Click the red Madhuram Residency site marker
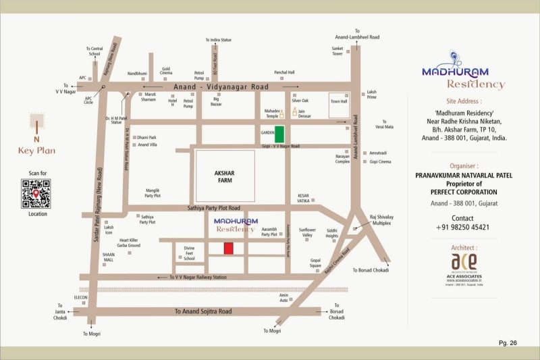pos(228,248)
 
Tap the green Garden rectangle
pos(279,134)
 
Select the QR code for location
pos(35,193)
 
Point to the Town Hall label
pos(338,101)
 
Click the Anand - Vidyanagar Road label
pos(221,86)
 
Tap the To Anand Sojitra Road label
pos(202,311)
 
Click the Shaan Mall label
pos(109,257)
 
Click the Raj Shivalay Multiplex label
pos(382,220)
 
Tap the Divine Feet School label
pos(189,253)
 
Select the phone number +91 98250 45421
pos(462,228)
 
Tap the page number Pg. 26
pos(508,343)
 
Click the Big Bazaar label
pos(216,102)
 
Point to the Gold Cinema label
pos(166,71)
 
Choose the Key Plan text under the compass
pos(36,151)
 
